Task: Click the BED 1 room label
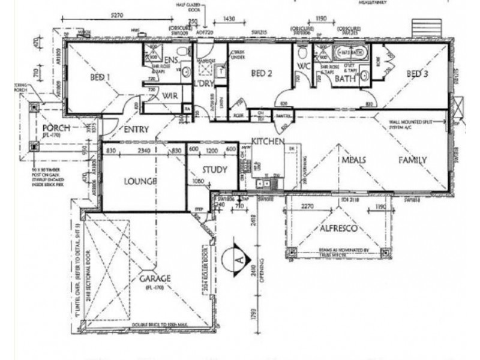click(x=100, y=77)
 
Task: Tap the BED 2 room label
click(x=262, y=74)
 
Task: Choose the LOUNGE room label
click(x=140, y=181)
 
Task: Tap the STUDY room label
click(x=214, y=170)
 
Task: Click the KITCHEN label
click(x=268, y=141)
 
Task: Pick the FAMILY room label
click(x=413, y=160)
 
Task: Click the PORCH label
click(x=56, y=129)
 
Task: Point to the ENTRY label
click(x=136, y=129)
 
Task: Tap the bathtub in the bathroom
click(x=348, y=52)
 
